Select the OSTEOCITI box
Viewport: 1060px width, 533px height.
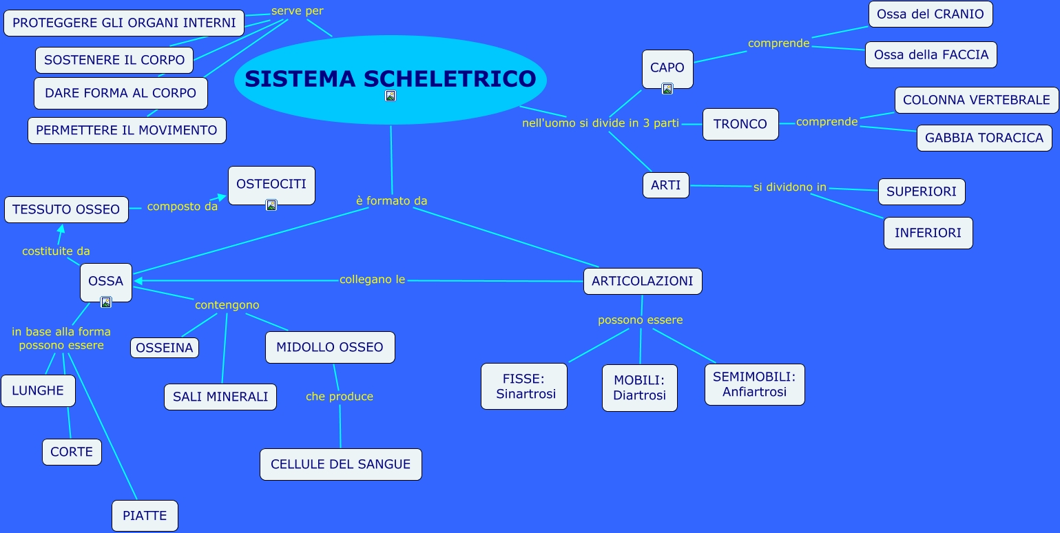tap(271, 185)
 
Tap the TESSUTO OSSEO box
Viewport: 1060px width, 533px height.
tap(66, 209)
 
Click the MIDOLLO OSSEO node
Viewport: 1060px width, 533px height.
tap(330, 347)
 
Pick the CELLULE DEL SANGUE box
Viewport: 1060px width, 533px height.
tap(340, 464)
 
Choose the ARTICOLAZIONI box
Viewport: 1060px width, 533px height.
tap(643, 281)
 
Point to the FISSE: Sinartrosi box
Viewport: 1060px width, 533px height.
tap(524, 386)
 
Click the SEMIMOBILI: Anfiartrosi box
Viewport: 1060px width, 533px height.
tap(754, 384)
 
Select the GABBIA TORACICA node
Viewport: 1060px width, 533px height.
tap(984, 138)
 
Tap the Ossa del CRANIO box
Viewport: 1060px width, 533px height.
tap(930, 14)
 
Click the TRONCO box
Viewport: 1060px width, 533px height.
tap(740, 124)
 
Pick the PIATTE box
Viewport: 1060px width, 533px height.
tap(145, 516)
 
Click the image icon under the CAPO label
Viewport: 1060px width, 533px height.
tap(667, 88)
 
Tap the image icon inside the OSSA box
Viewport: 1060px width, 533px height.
tap(106, 302)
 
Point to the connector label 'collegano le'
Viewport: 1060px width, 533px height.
tap(373, 280)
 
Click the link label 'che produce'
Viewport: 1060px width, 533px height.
tap(340, 397)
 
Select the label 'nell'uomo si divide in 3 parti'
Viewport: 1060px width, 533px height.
tap(601, 123)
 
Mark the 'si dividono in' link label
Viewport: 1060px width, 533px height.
tap(789, 187)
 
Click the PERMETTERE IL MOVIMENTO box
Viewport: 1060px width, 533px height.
tap(127, 130)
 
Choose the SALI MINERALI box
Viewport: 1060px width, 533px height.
tap(220, 397)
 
